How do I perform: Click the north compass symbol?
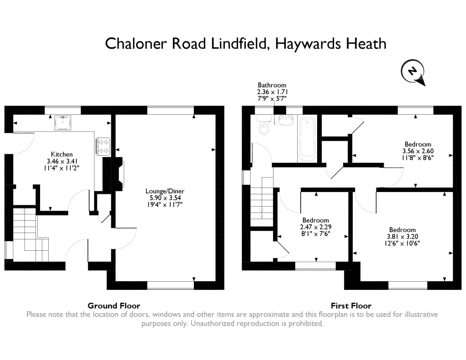pyautogui.click(x=413, y=72)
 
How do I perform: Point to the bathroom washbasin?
pyautogui.click(x=285, y=121)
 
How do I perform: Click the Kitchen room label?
pyautogui.click(x=61, y=154)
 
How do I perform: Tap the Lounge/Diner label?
pyautogui.click(x=165, y=191)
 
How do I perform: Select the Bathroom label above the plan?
pyautogui.click(x=272, y=85)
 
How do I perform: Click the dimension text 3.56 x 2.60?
pyautogui.click(x=417, y=152)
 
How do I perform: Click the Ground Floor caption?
pyautogui.click(x=114, y=306)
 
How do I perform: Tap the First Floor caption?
pyautogui.click(x=351, y=306)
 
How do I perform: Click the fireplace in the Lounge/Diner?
pyautogui.click(x=119, y=172)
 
